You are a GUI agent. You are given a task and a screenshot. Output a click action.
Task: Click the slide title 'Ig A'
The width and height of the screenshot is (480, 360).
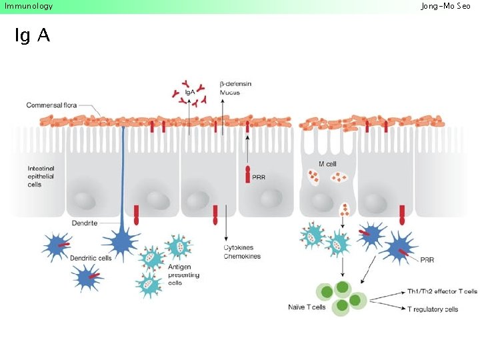(x=32, y=36)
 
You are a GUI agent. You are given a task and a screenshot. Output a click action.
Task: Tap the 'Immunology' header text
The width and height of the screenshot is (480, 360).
(x=28, y=6)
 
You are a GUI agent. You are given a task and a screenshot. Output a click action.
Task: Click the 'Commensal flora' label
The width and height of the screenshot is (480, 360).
(x=54, y=105)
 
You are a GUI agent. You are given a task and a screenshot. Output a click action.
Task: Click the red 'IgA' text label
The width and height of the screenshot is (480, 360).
(x=190, y=92)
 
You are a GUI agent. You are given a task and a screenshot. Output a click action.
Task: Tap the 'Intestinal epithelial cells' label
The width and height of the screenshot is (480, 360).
(x=41, y=176)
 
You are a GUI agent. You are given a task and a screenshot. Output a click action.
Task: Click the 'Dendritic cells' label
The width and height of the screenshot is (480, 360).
(x=91, y=257)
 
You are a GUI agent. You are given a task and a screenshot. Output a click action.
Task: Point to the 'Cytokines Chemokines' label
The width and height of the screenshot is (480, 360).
(x=242, y=252)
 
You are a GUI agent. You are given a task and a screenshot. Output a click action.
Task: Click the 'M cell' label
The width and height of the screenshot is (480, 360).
(x=327, y=164)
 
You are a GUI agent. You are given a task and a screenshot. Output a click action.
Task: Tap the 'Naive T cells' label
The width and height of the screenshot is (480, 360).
(x=306, y=307)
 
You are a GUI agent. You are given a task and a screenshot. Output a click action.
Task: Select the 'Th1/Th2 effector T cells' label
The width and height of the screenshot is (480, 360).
(x=442, y=292)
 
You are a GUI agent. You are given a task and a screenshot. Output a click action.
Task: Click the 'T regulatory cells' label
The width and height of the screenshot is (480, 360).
(x=433, y=309)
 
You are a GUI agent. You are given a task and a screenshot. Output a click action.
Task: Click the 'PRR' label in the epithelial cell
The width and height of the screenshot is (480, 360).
(x=258, y=177)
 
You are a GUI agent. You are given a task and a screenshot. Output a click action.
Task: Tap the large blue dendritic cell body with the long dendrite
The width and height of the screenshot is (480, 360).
(x=123, y=241)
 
